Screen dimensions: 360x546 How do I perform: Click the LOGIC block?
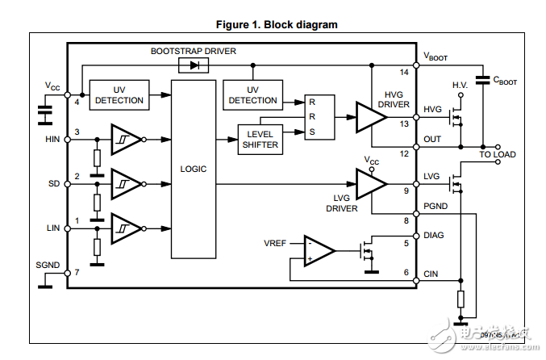pos(194,170)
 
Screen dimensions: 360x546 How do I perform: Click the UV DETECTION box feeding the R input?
pos(252,95)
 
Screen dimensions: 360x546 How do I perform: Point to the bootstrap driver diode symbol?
pos(194,65)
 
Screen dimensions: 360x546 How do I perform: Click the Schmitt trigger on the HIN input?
pos(126,139)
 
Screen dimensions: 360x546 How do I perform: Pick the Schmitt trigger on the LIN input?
pos(126,228)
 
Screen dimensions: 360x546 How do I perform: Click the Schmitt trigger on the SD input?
pos(126,183)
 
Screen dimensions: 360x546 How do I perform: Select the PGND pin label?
pos(436,206)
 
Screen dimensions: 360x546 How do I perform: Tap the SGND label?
pos(48,265)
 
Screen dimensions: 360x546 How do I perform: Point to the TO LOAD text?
pos(498,154)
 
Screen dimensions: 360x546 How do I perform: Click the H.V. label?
pos(460,85)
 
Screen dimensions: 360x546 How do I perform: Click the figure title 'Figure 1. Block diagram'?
pos(273,24)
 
